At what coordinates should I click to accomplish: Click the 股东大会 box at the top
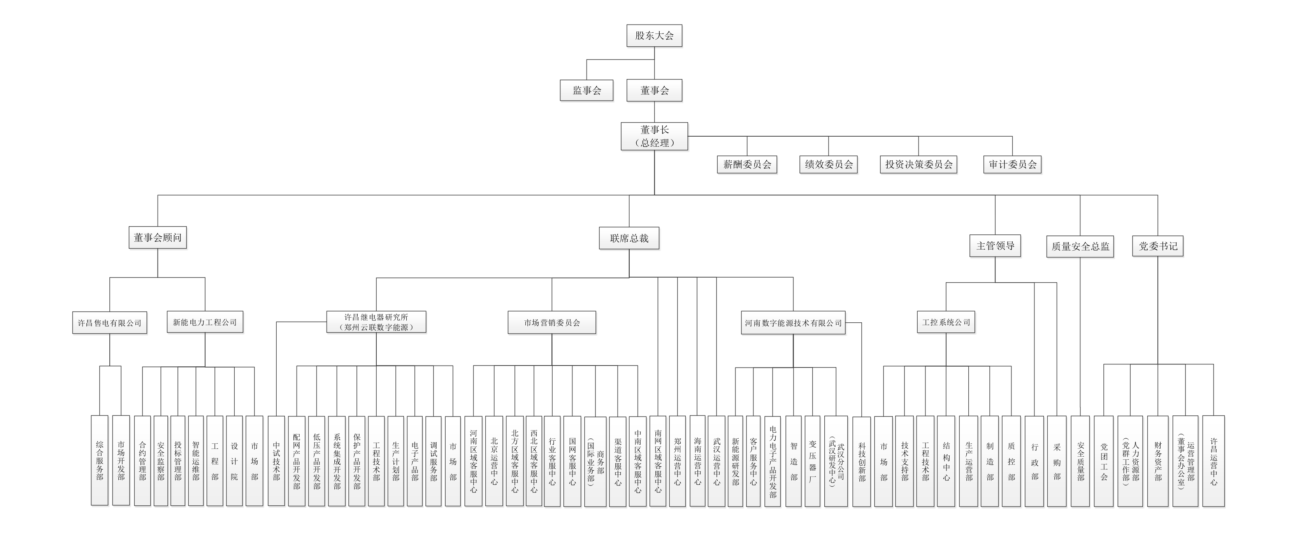coord(654,35)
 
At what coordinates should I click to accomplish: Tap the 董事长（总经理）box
coord(654,136)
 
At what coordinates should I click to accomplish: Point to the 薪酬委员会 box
coord(746,164)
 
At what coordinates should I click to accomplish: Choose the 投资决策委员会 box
coord(918,164)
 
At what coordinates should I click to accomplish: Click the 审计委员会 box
coord(1012,164)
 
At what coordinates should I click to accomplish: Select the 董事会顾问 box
coord(158,237)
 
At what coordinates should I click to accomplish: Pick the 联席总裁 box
coord(629,238)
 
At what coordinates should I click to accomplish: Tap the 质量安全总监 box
coord(1080,246)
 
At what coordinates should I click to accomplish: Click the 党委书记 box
coord(1158,246)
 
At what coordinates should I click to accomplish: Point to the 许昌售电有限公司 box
coord(109,323)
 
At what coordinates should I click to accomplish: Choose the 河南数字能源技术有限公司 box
coord(793,323)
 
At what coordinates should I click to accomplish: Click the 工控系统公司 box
coord(946,322)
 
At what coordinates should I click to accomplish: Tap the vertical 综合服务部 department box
coord(100,461)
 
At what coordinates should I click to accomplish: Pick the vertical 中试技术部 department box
coord(276,461)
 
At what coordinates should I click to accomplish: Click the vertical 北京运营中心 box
coord(494,461)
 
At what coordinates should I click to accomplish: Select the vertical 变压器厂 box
coord(812,461)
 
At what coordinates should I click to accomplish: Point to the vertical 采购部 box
coord(1057,461)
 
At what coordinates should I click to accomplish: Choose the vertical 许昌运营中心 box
coord(1213,461)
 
